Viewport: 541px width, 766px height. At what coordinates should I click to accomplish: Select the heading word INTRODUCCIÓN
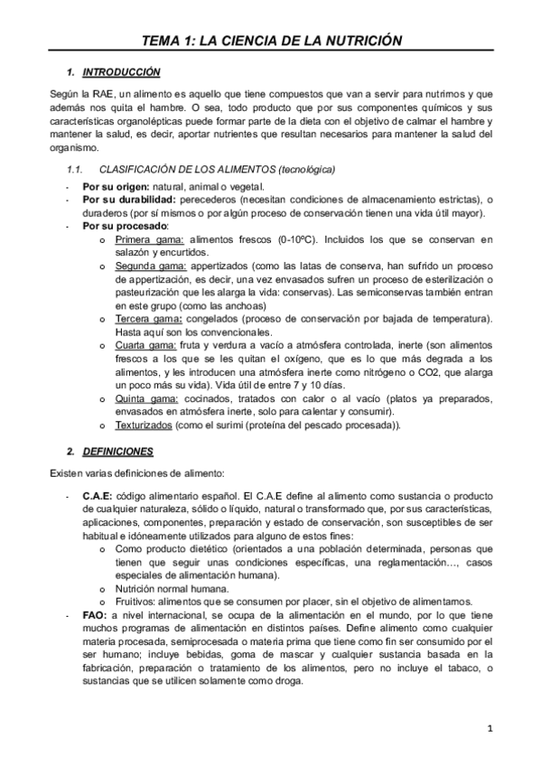(x=120, y=71)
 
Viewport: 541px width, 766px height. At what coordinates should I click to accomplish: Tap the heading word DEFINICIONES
(x=117, y=451)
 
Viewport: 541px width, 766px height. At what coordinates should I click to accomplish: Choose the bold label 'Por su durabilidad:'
(x=129, y=200)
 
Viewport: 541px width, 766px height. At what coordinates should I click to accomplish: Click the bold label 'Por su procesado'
(x=125, y=226)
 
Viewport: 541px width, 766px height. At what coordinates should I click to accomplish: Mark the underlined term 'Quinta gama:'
(x=141, y=398)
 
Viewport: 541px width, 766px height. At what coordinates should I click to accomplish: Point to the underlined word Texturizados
(x=143, y=425)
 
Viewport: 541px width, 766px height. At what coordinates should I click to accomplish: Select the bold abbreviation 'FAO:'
(x=93, y=615)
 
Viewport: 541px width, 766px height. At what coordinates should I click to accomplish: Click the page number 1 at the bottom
(x=489, y=728)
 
